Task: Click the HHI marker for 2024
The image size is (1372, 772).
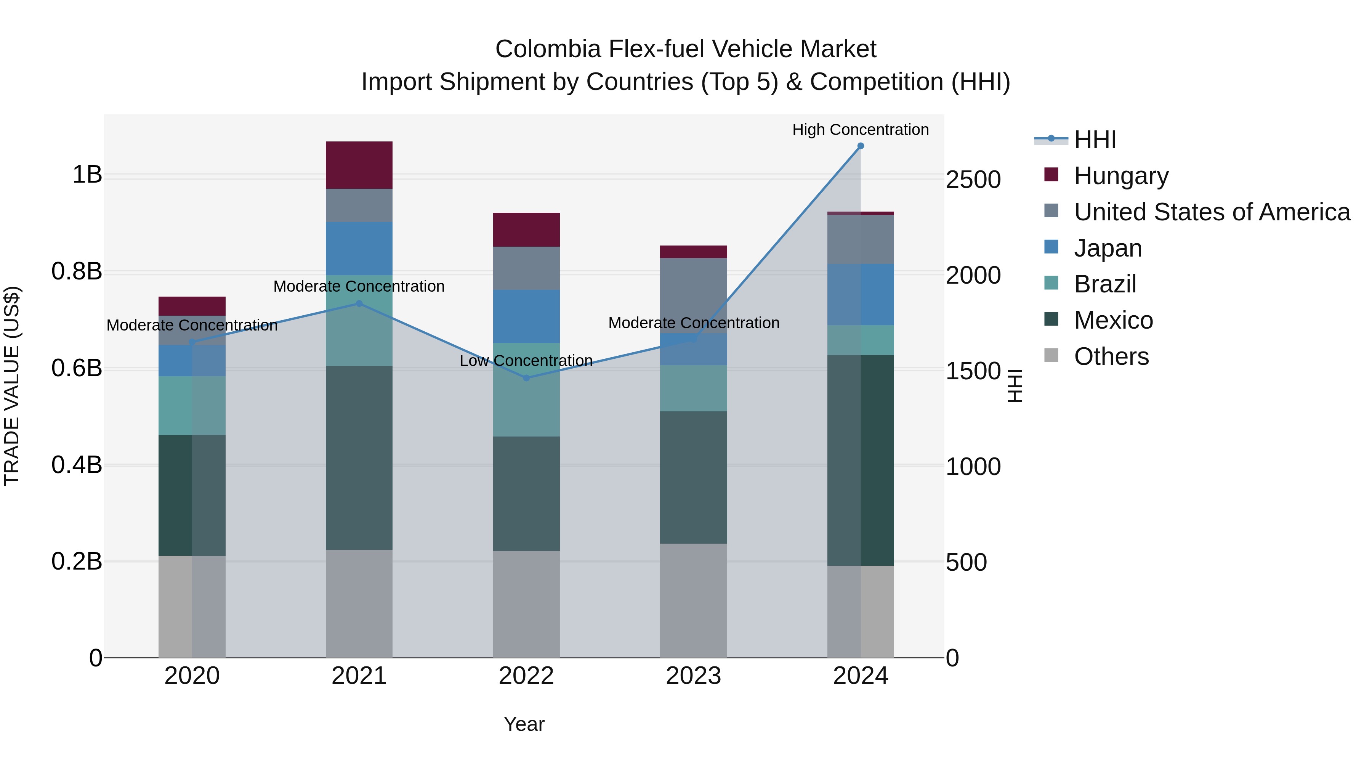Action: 860,146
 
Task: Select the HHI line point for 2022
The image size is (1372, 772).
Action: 526,378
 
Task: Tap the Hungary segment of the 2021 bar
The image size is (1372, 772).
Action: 359,165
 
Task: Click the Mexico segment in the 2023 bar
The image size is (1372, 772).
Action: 694,477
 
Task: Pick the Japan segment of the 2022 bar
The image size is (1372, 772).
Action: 526,316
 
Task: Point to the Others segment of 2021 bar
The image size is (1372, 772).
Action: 359,603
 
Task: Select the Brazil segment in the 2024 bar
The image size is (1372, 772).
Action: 860,340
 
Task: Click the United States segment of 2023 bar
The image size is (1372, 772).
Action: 694,296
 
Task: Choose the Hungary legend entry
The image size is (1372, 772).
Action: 1120,176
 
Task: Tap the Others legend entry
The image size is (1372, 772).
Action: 1111,356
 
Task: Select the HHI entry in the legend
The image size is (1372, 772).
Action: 1095,140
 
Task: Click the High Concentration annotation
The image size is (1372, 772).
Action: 860,130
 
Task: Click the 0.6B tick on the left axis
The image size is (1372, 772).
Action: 77,368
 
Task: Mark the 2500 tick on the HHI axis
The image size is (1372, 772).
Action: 973,180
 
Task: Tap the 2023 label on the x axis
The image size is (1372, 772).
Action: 694,676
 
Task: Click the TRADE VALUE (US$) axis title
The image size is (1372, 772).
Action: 12,386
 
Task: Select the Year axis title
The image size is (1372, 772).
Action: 524,724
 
